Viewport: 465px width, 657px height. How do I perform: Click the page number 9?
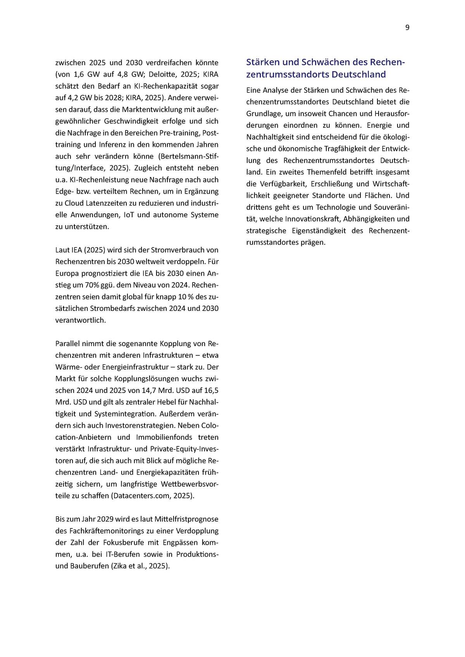407,27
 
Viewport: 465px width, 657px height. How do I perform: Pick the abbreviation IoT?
127,215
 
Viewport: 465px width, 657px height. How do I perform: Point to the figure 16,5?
211,391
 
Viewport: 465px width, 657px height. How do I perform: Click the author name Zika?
121,566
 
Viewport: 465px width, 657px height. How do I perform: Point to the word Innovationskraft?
313,219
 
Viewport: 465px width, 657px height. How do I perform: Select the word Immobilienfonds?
164,437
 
